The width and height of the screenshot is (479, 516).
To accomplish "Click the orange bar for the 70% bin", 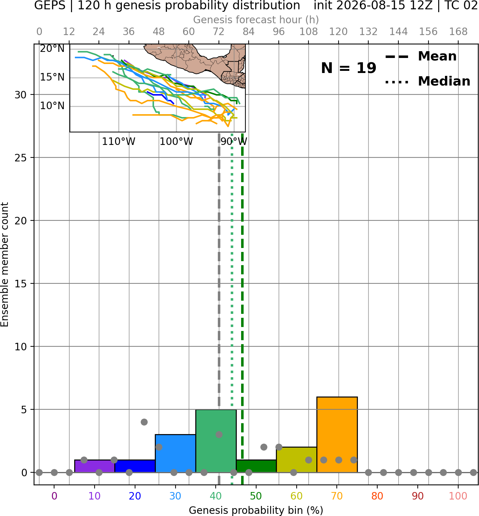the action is coord(337,434).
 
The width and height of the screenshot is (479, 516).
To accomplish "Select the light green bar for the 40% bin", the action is coord(216,441).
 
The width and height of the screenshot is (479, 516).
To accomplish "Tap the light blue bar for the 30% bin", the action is coord(175,453).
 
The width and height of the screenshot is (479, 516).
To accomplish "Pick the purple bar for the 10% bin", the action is coord(95,466).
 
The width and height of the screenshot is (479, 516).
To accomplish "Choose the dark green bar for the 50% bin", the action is coord(256,466).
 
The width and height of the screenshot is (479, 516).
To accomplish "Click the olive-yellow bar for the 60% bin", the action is coord(297,459).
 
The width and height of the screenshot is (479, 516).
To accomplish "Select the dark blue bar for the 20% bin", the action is coord(135,466).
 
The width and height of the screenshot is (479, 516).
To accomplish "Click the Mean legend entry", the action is coord(421,57).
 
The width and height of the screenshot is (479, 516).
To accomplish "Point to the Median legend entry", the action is coord(427,81).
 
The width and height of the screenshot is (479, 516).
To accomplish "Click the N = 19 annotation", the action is coord(349,68).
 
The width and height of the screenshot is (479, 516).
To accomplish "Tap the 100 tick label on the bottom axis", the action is coord(458,496).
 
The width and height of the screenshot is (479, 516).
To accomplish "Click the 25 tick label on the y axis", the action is coord(21,158).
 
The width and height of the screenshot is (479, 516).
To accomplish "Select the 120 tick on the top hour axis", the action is coord(339,32).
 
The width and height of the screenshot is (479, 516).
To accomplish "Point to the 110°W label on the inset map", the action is coord(119,142).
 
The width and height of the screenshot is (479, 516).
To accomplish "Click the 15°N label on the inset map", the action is coord(52,77).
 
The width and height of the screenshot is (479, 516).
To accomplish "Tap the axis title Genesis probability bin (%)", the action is coord(256,510).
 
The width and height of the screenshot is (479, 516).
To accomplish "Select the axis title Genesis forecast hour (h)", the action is coord(256,20).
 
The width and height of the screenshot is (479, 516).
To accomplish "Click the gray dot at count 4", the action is coord(144,422).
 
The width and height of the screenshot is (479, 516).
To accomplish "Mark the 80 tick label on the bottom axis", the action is coord(377,496).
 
